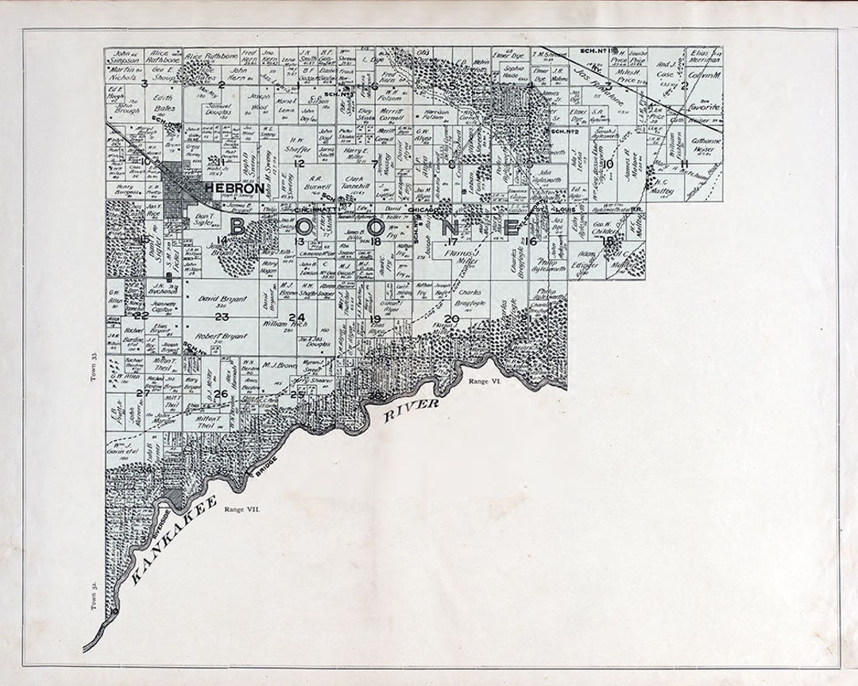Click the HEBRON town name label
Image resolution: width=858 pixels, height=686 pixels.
click(x=234, y=189)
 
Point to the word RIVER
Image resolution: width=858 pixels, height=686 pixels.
click(x=411, y=410)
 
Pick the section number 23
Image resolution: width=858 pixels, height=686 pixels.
click(x=222, y=317)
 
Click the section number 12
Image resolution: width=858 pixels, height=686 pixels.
click(x=299, y=164)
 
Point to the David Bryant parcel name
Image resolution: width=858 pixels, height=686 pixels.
click(x=218, y=301)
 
